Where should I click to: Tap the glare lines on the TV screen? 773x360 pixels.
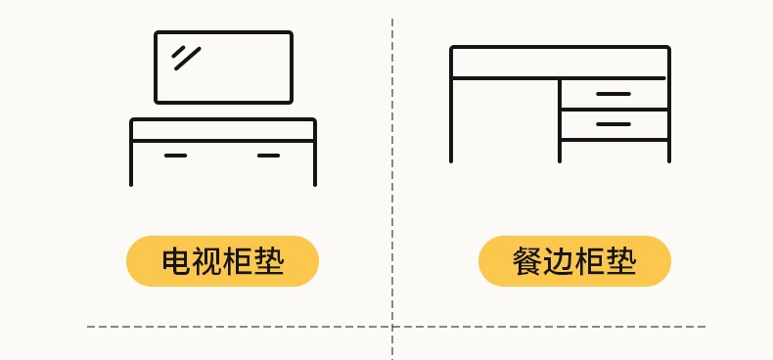186,58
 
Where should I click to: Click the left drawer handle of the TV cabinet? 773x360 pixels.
175,156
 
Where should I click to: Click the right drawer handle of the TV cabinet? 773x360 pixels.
269,156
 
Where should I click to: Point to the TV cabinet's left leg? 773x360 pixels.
131,163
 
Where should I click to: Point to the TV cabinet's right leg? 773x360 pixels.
315,163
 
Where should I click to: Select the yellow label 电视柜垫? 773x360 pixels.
222,261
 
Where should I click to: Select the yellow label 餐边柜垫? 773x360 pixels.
574,261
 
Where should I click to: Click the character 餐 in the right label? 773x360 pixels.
527,261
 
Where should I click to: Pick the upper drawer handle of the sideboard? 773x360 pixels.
614,94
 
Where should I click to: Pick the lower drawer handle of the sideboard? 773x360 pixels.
614,124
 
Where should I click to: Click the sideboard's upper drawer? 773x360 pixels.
614,94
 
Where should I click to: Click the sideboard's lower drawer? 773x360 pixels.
614,125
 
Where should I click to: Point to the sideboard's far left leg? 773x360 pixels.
451,120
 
